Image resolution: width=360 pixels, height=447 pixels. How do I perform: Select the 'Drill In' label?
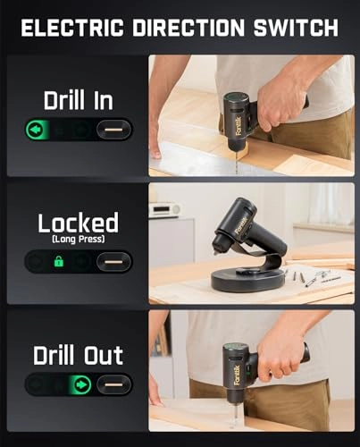pyautogui.click(x=78, y=100)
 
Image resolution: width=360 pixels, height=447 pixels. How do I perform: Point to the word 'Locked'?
pyautogui.click(x=78, y=223)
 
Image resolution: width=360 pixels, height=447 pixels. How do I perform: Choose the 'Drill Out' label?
pyautogui.click(x=78, y=354)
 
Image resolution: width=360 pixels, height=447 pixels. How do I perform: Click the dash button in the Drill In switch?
pyautogui.click(x=114, y=129)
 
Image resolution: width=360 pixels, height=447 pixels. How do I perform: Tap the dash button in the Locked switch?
pyautogui.click(x=114, y=261)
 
